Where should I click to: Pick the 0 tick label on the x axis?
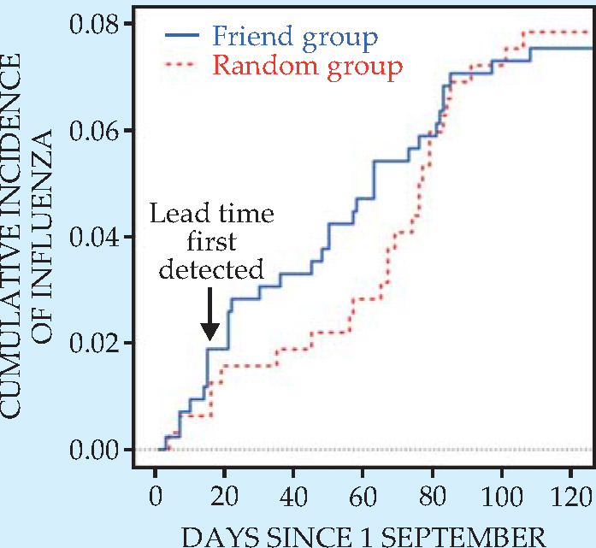155,496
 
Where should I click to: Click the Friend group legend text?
294,37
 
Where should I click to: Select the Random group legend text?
307,66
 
